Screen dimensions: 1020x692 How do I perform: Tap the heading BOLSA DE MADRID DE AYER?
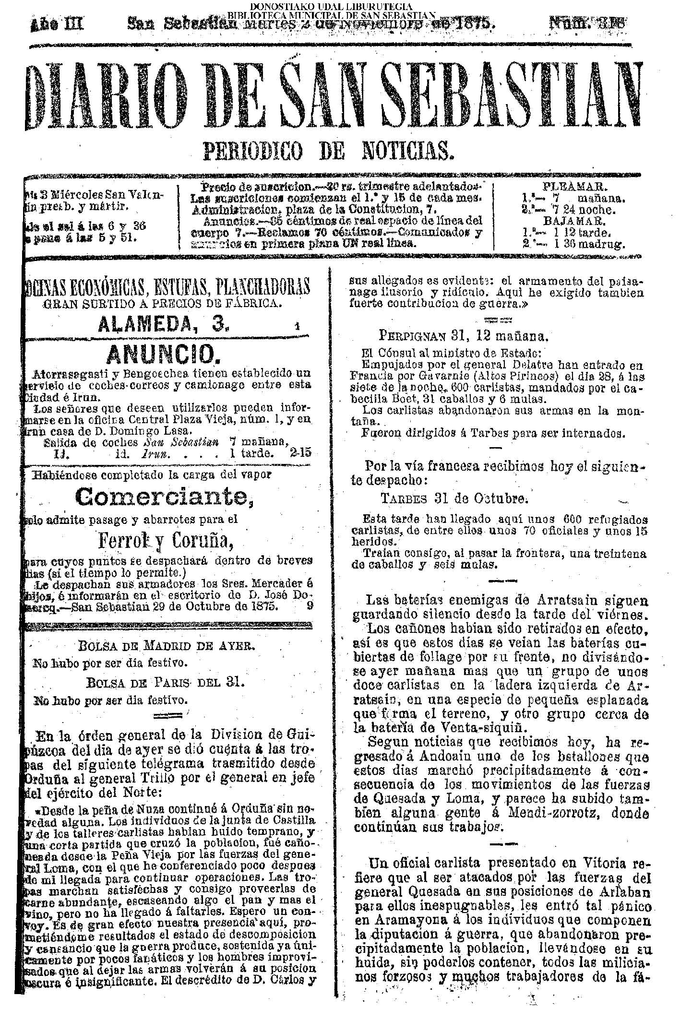point(166,645)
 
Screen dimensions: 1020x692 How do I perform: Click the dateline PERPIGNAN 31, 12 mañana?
point(464,335)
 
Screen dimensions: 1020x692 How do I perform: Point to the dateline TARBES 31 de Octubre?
point(454,498)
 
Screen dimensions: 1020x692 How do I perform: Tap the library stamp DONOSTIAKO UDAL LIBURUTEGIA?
point(331,7)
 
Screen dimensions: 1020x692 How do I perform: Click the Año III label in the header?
point(57,23)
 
